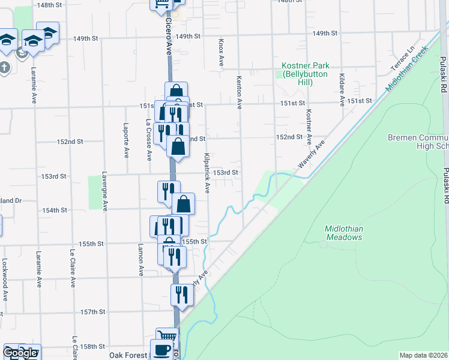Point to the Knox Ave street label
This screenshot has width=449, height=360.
[x=221, y=53]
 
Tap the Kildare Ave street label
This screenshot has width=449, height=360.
[x=342, y=90]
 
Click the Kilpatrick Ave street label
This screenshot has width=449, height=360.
[x=206, y=173]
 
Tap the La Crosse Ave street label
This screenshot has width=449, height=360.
[x=148, y=140]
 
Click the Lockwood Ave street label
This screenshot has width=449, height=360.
[x=4, y=280]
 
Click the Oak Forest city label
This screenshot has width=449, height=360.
[x=128, y=355]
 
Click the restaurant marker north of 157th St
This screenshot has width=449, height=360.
[x=181, y=294]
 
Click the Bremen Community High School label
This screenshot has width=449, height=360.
[x=418, y=142]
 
